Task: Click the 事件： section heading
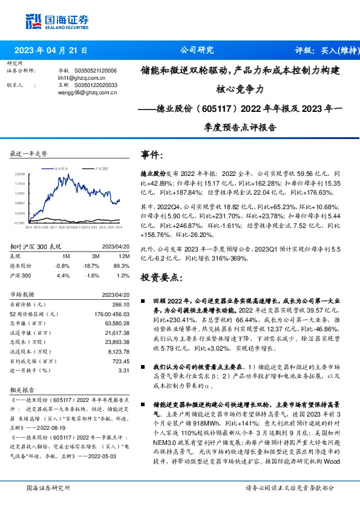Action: (x=152, y=154)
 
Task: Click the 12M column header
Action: (x=117, y=256)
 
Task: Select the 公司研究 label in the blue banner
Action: (x=197, y=51)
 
